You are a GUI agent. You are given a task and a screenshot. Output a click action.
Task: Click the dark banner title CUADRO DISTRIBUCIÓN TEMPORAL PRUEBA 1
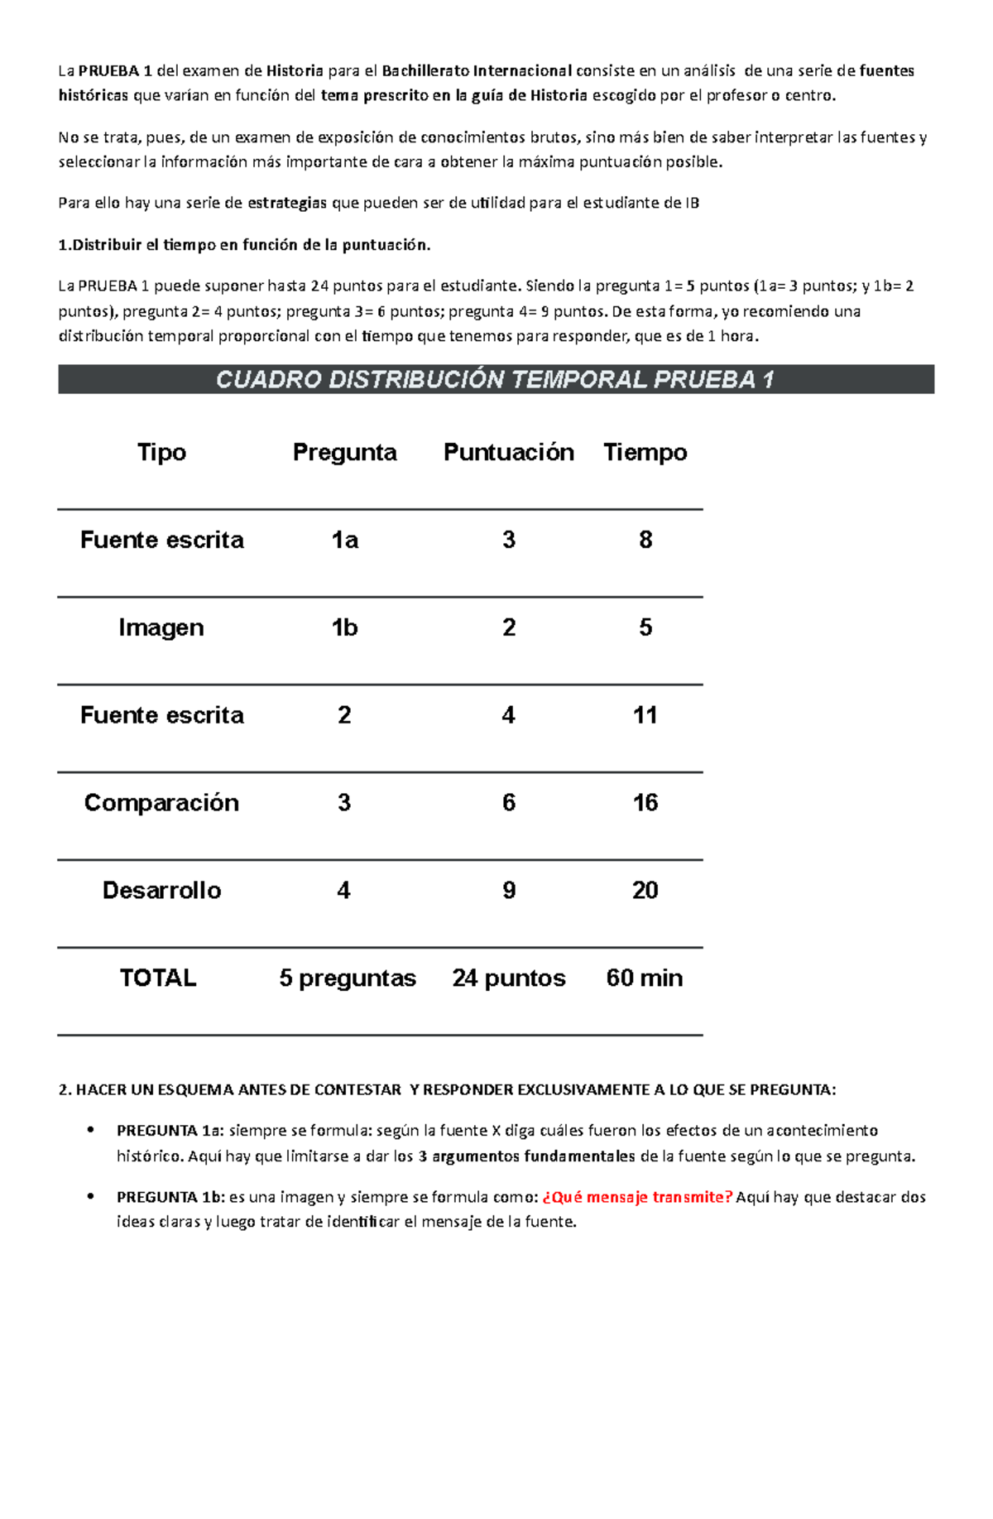[x=495, y=380]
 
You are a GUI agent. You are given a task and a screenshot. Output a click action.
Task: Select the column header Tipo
[x=161, y=452]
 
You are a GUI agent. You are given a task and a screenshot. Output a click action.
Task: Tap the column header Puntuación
[x=508, y=452]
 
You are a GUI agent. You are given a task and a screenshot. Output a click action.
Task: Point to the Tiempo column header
[x=645, y=452]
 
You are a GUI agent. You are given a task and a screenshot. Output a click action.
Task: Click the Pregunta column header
[x=344, y=452]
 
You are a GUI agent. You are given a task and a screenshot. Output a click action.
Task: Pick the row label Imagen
[x=161, y=627]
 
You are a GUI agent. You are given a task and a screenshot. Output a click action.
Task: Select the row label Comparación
[x=161, y=803]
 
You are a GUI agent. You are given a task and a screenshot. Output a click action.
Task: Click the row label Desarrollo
[x=161, y=891]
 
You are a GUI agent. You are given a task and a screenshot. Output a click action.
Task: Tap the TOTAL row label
[x=158, y=978]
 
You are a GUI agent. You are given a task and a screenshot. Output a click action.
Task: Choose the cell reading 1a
[x=344, y=540]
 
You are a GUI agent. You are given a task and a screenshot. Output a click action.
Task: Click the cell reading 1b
[x=344, y=627]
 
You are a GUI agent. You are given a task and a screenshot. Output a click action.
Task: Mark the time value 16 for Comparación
[x=645, y=803]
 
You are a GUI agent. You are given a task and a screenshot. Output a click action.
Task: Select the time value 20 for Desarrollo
[x=645, y=891]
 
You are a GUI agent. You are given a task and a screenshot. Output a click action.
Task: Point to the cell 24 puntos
[x=508, y=978]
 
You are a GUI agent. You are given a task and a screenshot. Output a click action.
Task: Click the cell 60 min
[x=645, y=978]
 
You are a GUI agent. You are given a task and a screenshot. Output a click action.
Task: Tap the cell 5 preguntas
[x=348, y=978]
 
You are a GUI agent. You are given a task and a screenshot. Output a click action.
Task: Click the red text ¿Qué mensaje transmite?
[x=637, y=1197]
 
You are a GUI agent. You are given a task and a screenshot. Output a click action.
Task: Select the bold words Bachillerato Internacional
[x=477, y=71]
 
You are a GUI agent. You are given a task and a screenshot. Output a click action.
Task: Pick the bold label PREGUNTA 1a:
[x=170, y=1131]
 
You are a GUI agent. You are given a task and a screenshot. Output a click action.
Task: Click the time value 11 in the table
[x=645, y=715]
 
